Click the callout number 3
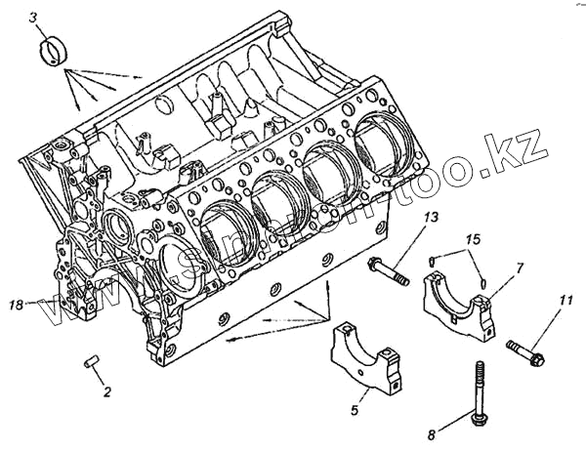34,18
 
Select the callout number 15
473,239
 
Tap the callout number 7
520,267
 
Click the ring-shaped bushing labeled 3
54,49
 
